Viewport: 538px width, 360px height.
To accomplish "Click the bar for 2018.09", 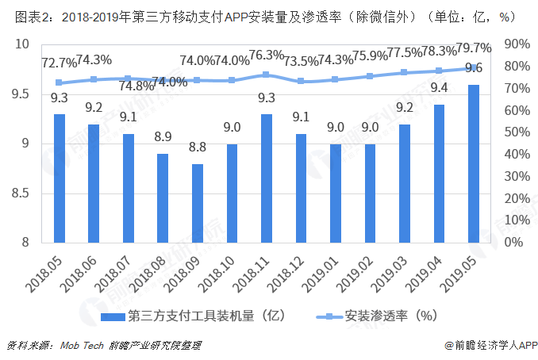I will pos(198,203).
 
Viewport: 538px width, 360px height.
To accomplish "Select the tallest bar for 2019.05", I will pos(473,163).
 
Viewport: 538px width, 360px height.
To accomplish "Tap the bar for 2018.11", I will pos(267,178).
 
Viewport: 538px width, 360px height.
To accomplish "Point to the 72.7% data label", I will pos(59,61).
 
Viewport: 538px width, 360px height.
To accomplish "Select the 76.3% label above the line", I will pos(267,55).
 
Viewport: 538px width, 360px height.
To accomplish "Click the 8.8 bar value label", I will pos(198,147).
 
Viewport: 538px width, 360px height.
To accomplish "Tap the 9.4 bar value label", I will pos(439,88).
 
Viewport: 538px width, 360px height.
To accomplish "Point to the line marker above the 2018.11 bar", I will pos(267,75).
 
